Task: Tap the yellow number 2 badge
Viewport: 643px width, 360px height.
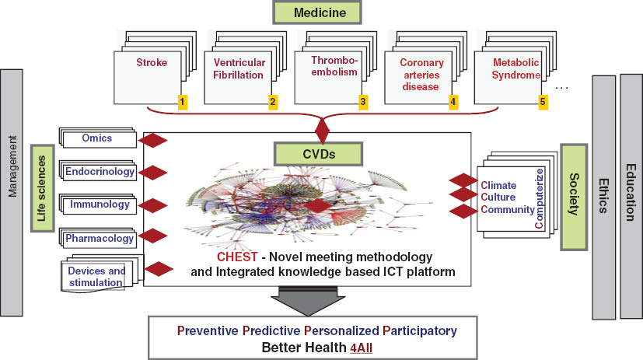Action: click(273, 101)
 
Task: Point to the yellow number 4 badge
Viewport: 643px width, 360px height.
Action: click(453, 101)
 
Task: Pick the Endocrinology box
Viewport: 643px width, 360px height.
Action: click(100, 171)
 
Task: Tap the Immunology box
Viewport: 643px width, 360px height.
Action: click(100, 205)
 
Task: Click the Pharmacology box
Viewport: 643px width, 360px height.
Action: click(99, 239)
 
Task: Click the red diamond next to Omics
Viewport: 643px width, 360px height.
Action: click(153, 140)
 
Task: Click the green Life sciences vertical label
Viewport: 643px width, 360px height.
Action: click(41, 187)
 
